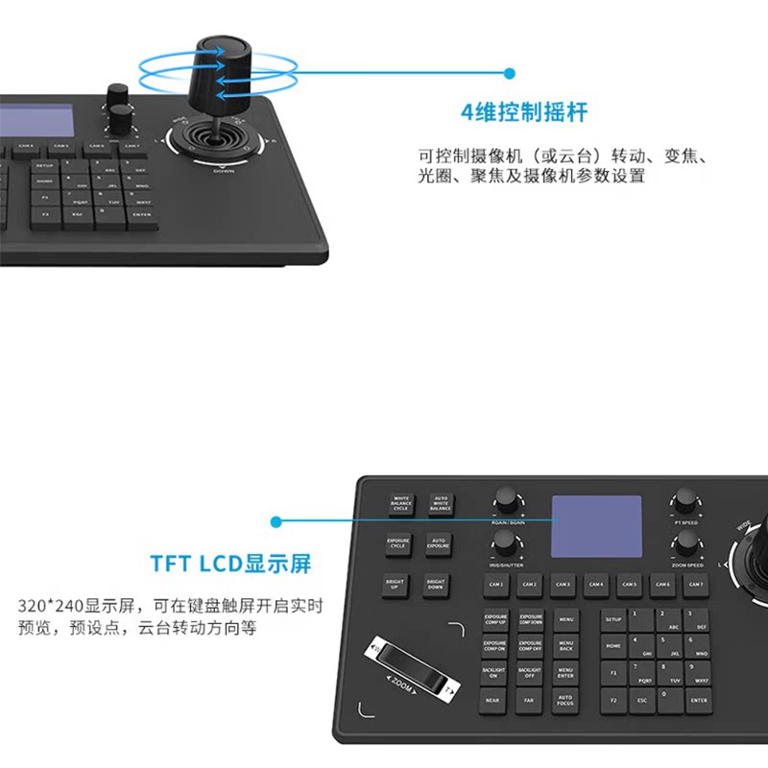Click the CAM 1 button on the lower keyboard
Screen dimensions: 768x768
[496, 584]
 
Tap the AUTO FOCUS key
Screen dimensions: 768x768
[565, 700]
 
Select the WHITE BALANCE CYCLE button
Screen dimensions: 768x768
[401, 503]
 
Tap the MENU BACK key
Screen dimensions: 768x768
[565, 645]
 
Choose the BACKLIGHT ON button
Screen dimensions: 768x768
[494, 673]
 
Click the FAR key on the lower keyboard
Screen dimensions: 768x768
[530, 701]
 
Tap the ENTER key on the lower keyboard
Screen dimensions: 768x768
[698, 700]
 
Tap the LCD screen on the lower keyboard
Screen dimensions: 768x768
[596, 526]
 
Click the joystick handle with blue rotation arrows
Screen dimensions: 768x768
[222, 73]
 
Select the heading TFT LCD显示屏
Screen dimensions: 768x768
[230, 563]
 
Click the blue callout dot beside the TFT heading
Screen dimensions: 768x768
[276, 522]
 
